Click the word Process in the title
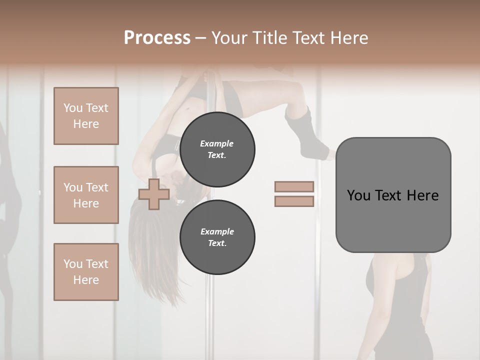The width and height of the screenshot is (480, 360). point(157,38)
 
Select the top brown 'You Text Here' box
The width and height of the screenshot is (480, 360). point(86,116)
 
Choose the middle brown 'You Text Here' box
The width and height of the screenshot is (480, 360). point(86,195)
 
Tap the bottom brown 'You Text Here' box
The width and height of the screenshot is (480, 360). point(86,272)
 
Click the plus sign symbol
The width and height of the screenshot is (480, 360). point(154,194)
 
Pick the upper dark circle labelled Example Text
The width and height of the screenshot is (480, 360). point(217,149)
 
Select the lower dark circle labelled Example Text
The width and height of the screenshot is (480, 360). point(217,237)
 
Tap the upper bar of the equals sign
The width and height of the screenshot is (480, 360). point(294,187)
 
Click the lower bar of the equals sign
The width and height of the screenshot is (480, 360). point(294,201)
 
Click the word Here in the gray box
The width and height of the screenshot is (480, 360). point(422,195)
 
